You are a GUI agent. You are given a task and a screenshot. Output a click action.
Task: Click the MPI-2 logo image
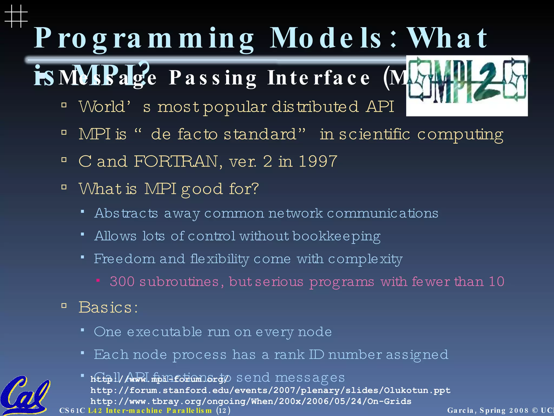467,86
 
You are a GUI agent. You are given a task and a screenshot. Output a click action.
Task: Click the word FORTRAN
176,161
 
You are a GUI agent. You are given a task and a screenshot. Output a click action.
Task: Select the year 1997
318,161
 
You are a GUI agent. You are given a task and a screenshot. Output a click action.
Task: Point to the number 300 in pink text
122,281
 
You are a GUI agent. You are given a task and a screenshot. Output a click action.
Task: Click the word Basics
108,307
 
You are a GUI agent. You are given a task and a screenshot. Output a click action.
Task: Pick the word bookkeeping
337,236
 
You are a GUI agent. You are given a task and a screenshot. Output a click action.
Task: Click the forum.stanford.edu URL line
270,390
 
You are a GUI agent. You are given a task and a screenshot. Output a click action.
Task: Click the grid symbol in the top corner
16,16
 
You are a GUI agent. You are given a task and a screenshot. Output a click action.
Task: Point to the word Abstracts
126,213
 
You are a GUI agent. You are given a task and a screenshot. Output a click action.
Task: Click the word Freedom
124,259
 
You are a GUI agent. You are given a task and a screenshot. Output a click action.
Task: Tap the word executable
164,332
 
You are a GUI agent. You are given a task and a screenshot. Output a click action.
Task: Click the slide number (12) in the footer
223,411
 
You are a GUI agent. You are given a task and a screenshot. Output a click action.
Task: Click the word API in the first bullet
380,106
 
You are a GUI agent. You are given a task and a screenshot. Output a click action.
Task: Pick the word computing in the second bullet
460,134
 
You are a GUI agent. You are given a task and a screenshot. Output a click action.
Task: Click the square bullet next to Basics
64,306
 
